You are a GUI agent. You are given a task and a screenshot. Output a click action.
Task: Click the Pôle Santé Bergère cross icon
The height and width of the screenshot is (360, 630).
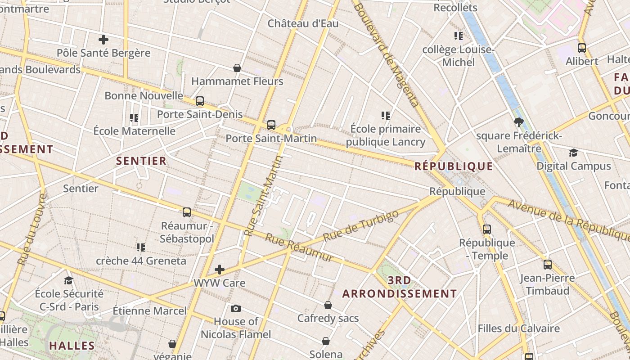pyautogui.click(x=103, y=40)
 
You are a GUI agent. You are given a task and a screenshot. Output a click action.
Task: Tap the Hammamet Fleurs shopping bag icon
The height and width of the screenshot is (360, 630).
pyautogui.click(x=237, y=68)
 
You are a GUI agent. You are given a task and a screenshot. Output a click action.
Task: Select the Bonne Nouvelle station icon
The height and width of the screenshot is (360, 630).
pyautogui.click(x=200, y=101)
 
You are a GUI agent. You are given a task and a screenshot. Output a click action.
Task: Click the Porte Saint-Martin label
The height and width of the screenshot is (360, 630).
pyautogui.click(x=271, y=138)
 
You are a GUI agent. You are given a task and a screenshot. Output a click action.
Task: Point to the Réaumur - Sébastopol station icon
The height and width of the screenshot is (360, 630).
pyautogui.click(x=187, y=212)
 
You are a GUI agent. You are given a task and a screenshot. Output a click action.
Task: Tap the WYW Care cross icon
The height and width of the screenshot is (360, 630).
pyautogui.click(x=220, y=270)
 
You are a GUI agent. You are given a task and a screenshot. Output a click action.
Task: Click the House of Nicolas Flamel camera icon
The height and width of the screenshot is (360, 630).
pyautogui.click(x=235, y=308)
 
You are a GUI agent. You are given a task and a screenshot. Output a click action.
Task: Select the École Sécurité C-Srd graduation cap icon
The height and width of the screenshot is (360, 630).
pyautogui.click(x=68, y=280)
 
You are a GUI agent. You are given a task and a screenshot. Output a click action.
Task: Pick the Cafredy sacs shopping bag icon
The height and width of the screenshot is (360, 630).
pyautogui.click(x=328, y=305)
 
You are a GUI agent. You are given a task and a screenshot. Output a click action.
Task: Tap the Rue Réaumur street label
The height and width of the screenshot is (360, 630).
pyautogui.click(x=299, y=247)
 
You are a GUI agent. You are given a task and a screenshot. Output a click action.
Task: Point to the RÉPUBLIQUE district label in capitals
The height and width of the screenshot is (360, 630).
pyautogui.click(x=454, y=166)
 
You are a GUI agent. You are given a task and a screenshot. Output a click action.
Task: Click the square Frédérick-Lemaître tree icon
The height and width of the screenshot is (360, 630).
pyautogui.click(x=519, y=121)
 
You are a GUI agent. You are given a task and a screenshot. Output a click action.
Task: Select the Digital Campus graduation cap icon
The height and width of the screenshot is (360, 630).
pyautogui.click(x=573, y=153)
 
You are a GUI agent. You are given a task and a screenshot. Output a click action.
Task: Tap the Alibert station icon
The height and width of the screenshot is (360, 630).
pyautogui.click(x=582, y=48)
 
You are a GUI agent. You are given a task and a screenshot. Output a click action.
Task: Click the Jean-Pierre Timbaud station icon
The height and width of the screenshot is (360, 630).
pyautogui.click(x=547, y=265)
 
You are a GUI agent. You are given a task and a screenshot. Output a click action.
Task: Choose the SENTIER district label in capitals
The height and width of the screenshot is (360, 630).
pyautogui.click(x=141, y=161)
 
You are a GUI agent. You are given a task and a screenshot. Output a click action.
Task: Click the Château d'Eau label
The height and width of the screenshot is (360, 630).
pyautogui.click(x=303, y=23)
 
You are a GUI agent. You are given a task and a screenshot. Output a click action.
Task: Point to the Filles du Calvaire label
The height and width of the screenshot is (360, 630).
pyautogui.click(x=518, y=328)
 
